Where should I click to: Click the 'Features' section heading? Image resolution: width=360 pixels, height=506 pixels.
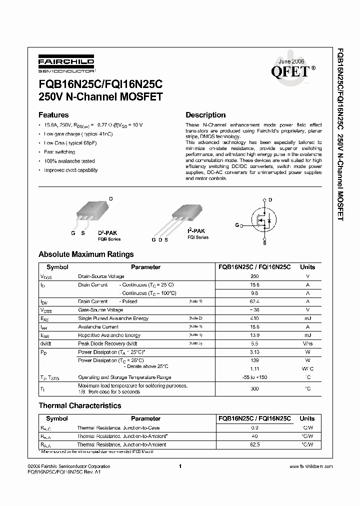point(53,114)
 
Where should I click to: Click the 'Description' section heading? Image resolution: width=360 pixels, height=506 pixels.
point(205,114)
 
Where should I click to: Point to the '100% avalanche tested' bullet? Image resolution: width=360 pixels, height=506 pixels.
point(69,161)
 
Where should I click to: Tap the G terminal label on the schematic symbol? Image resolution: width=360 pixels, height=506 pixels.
point(237,225)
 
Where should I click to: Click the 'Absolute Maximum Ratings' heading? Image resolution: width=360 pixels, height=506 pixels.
point(86,254)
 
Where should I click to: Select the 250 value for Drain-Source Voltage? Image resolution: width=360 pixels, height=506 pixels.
point(254,276)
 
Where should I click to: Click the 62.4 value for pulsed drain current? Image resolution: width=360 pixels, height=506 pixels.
point(254,301)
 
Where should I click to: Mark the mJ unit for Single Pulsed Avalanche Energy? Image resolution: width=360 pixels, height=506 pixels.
point(307,318)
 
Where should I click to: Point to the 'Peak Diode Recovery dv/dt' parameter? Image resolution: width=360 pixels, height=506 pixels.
point(107,344)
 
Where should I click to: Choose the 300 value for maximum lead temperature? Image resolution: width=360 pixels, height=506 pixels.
point(254,388)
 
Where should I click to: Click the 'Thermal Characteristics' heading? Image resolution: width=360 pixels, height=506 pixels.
point(80,405)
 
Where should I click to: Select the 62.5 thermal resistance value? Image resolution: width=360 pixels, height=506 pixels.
point(254,444)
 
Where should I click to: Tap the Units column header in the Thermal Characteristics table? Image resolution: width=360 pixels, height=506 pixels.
point(307,418)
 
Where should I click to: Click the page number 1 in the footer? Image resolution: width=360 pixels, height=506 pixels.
point(179,466)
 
